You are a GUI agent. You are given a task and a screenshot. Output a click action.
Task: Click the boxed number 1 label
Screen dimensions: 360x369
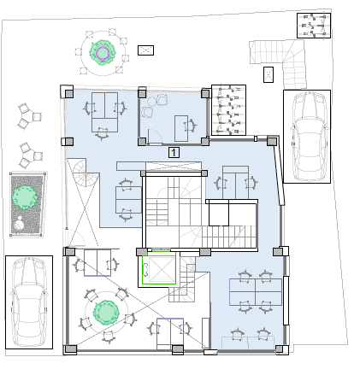174,152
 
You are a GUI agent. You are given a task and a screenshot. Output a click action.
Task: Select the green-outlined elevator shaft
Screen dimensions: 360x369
159,268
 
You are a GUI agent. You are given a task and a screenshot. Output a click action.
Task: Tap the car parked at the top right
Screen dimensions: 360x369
307,137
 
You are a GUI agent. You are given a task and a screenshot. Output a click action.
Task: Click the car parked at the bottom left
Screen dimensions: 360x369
29,302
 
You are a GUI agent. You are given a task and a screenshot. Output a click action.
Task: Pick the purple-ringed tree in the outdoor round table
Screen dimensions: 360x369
102,52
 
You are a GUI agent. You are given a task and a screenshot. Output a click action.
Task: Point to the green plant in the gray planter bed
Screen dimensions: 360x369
24,197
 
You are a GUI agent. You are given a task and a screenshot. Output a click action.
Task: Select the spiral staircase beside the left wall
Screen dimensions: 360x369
83,173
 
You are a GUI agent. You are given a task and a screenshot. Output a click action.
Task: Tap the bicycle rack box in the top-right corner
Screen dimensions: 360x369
314,26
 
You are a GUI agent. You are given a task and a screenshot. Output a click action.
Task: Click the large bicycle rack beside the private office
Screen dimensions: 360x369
228,110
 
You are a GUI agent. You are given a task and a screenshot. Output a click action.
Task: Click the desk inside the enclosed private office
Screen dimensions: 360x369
181,128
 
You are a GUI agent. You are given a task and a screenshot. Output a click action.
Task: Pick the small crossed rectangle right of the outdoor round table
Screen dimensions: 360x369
145,50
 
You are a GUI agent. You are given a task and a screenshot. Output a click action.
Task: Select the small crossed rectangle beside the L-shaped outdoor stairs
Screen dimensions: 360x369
269,74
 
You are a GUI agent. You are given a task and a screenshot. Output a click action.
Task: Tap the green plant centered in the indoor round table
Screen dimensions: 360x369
106,313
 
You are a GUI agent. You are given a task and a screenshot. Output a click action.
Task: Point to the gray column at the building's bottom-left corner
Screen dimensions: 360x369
70,349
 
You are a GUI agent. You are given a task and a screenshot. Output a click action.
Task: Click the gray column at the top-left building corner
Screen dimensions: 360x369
68,93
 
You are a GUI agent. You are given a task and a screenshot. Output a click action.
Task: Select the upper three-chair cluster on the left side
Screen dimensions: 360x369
30,116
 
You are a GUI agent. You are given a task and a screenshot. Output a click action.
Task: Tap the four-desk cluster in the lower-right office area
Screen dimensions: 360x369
256,292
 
